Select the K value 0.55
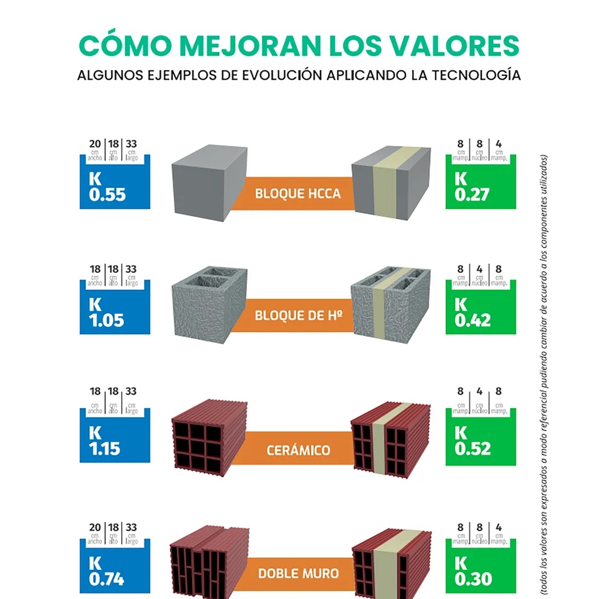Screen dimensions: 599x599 [107, 195]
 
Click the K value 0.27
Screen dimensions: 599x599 [472, 195]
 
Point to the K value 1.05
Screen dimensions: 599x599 [107, 320]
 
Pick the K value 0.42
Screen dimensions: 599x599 [472, 320]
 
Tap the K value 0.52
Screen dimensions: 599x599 [472, 449]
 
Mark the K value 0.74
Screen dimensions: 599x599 [107, 578]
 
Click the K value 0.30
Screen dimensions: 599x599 [472, 578]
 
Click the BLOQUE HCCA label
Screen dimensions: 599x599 [298, 194]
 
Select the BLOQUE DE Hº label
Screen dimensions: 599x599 [298, 316]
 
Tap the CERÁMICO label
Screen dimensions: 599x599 [298, 450]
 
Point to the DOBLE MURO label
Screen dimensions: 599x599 [298, 573]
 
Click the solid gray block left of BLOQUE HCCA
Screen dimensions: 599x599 [209, 185]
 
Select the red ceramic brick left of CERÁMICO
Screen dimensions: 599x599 [209, 435]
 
